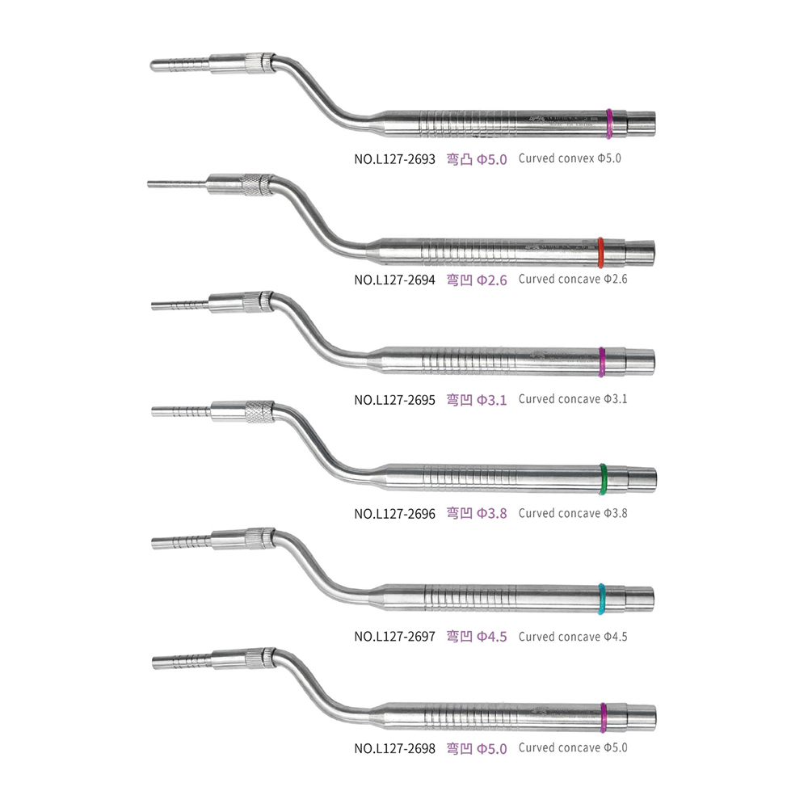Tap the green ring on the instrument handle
604,479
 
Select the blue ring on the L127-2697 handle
602,598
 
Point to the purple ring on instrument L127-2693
609,123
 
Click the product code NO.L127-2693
394,159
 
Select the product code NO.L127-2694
394,280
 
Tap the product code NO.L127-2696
394,513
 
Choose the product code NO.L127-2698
394,748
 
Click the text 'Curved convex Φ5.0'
570,158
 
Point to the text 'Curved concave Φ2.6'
573,280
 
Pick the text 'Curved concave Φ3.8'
573,512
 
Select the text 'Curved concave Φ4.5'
573,636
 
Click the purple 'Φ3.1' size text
491,399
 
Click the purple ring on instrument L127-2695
603,361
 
